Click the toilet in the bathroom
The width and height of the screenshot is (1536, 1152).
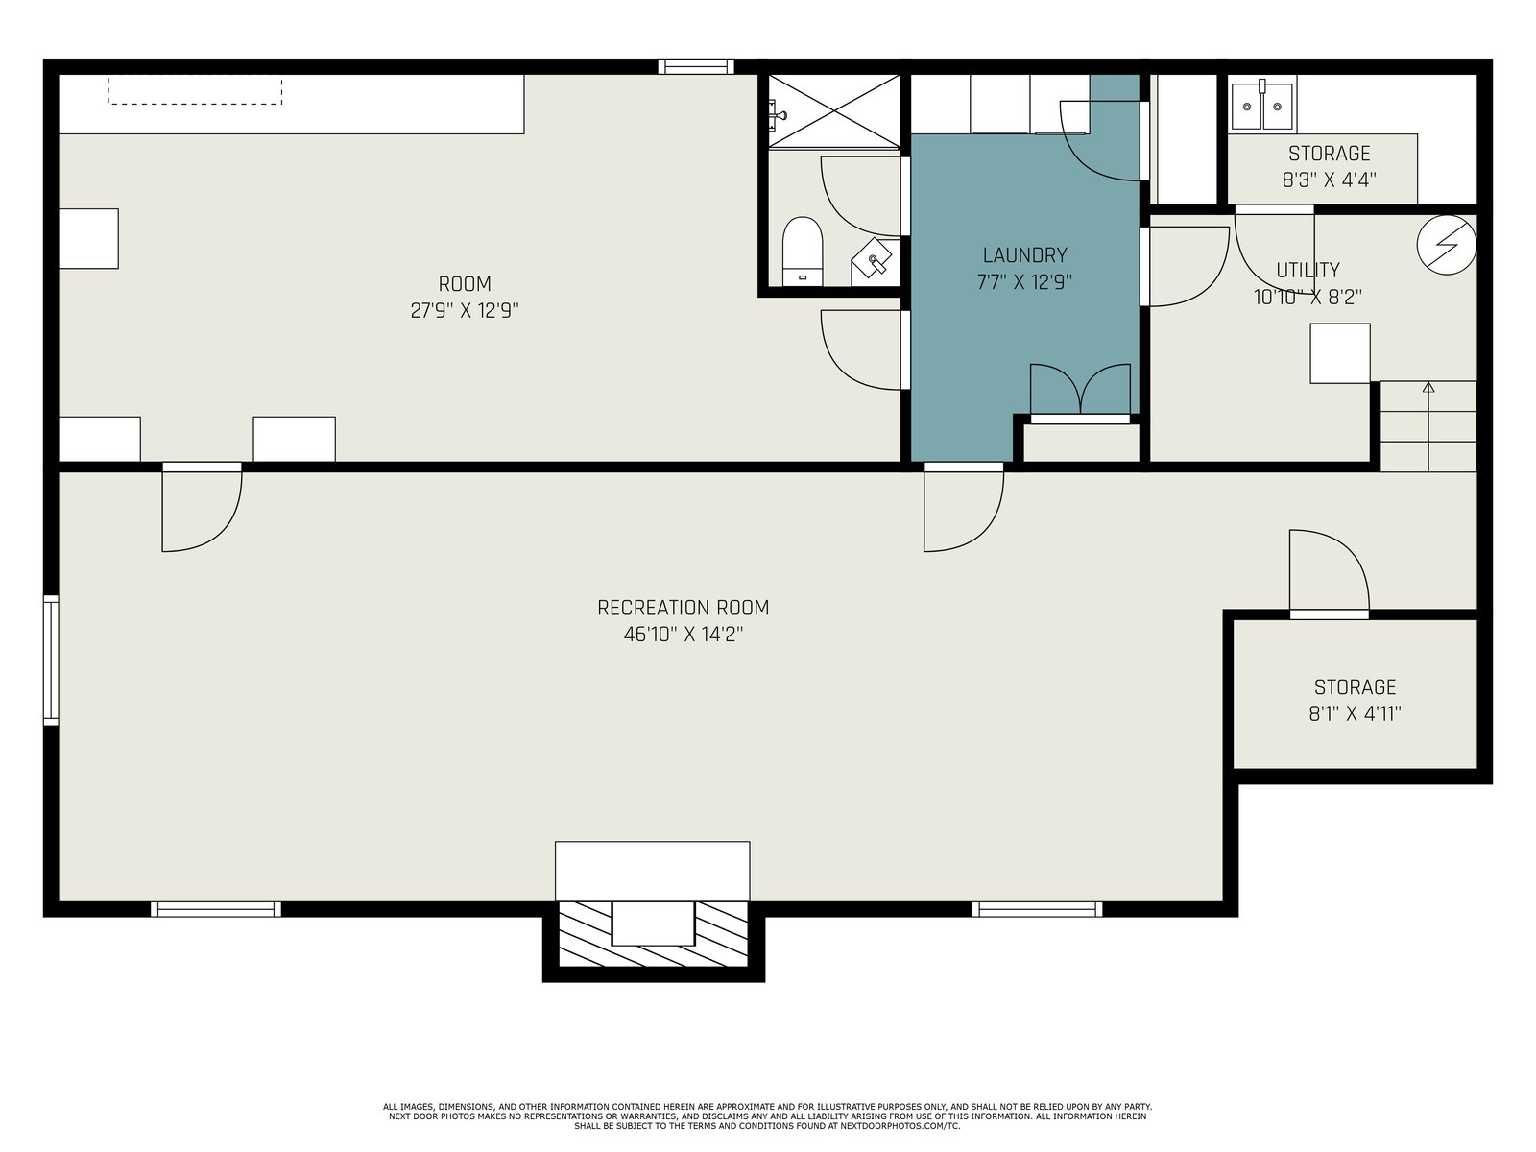point(802,252)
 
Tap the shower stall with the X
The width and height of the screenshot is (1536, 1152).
point(833,111)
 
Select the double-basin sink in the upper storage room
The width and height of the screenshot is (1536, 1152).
point(1261,106)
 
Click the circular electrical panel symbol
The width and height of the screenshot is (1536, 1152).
point(1447,245)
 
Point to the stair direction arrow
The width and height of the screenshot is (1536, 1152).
point(1428,426)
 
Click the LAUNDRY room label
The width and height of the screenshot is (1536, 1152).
point(1024,254)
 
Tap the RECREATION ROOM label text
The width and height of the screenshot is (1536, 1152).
point(683,608)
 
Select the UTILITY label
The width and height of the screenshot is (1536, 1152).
point(1308,270)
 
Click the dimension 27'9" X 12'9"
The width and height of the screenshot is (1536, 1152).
point(465,310)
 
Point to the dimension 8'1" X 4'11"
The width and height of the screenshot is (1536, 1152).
point(1355,713)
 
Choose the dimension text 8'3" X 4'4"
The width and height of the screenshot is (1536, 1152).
point(1329,180)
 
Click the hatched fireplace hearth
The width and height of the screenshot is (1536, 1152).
point(653,934)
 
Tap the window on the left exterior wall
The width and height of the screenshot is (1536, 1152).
point(50,660)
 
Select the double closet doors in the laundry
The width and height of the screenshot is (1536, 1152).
point(1080,391)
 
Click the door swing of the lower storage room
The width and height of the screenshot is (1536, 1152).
point(1329,570)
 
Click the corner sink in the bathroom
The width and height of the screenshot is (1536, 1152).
point(874,260)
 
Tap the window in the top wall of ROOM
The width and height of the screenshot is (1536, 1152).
point(696,66)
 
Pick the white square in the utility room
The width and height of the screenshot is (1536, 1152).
point(1340,353)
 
